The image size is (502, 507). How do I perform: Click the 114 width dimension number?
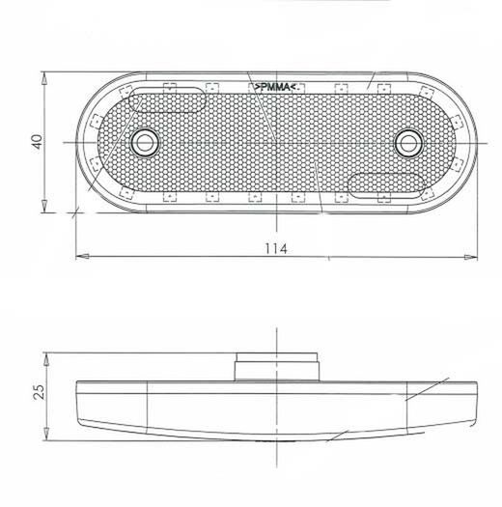tap(276, 248)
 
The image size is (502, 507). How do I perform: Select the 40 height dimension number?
tap(38, 142)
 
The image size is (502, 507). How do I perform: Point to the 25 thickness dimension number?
tap(40, 392)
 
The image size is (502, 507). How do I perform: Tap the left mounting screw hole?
tap(145, 143)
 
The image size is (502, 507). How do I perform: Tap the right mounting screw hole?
tap(408, 143)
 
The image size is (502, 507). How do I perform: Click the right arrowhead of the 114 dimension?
tap(471, 257)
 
